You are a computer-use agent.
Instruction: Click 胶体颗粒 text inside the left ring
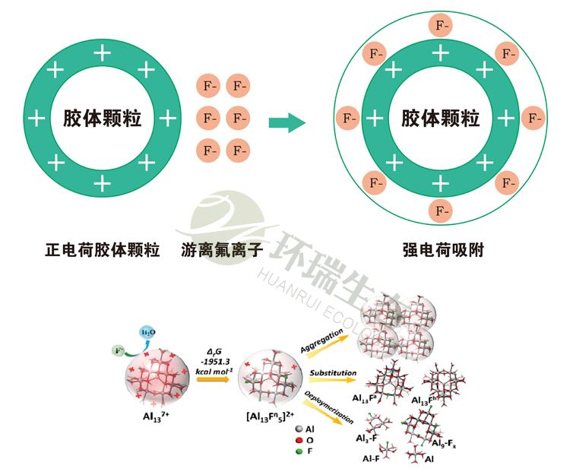click(102, 118)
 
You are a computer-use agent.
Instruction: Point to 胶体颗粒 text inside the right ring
click(440, 118)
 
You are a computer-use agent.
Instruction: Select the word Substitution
click(333, 373)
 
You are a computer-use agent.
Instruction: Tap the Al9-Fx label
click(443, 443)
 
